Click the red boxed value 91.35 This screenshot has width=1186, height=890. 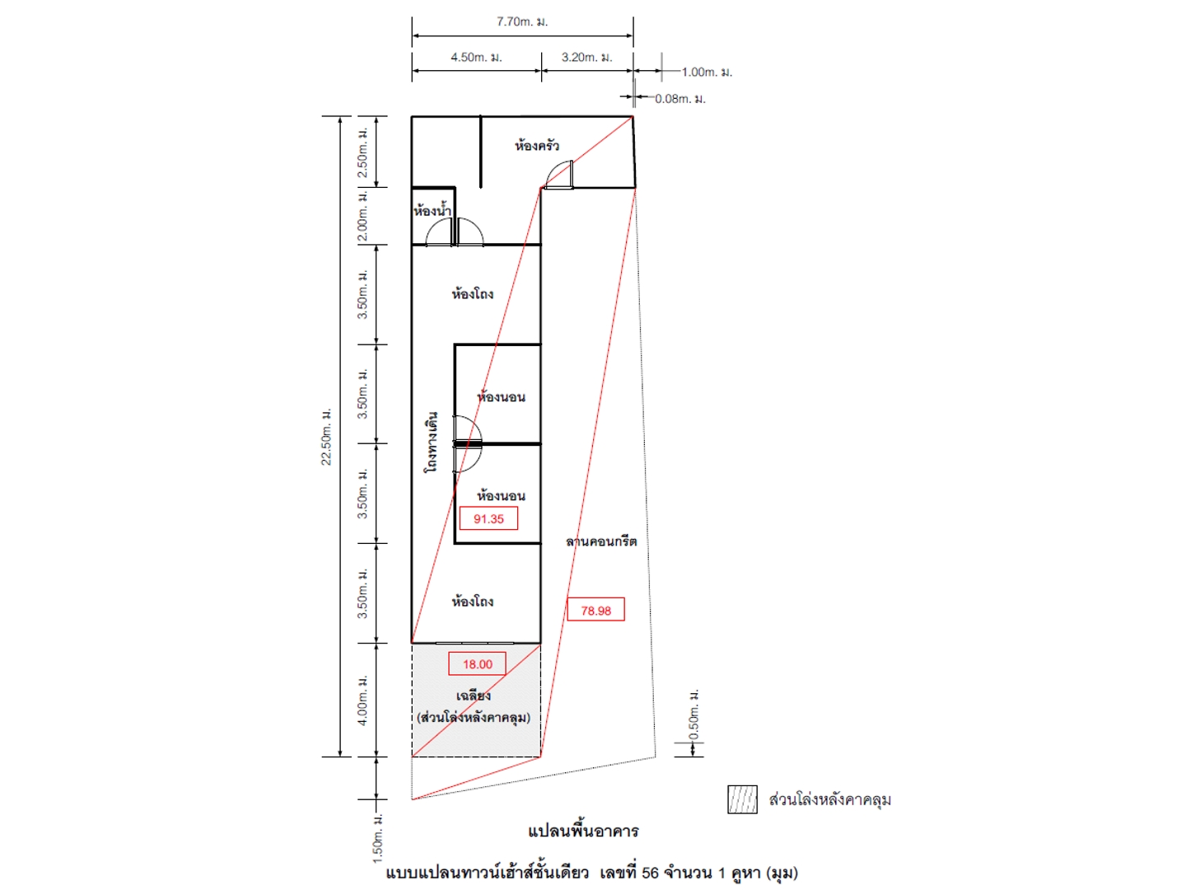click(488, 519)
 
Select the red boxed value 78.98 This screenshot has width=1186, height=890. click(595, 611)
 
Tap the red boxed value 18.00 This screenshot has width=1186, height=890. click(477, 664)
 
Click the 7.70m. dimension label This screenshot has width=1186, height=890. click(522, 21)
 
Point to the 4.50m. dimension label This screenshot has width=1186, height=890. click(476, 58)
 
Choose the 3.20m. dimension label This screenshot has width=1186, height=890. click(586, 58)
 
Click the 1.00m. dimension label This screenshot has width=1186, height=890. click(707, 72)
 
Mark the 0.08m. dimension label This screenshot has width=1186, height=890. click(680, 99)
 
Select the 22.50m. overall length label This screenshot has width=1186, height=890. click(326, 437)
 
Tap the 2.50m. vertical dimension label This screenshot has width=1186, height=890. click(362, 152)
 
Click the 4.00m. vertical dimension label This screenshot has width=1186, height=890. click(362, 700)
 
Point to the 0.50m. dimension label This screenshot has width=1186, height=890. click(693, 714)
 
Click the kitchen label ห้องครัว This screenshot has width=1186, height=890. click(536, 145)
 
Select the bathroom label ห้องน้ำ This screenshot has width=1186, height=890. click(432, 209)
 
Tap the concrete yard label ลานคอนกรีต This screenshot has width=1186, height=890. click(601, 541)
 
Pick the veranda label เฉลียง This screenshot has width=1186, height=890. click(474, 696)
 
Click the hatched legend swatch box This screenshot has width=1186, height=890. click(742, 799)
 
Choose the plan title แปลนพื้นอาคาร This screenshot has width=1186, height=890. click(583, 831)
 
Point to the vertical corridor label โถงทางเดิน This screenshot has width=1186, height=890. click(432, 443)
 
